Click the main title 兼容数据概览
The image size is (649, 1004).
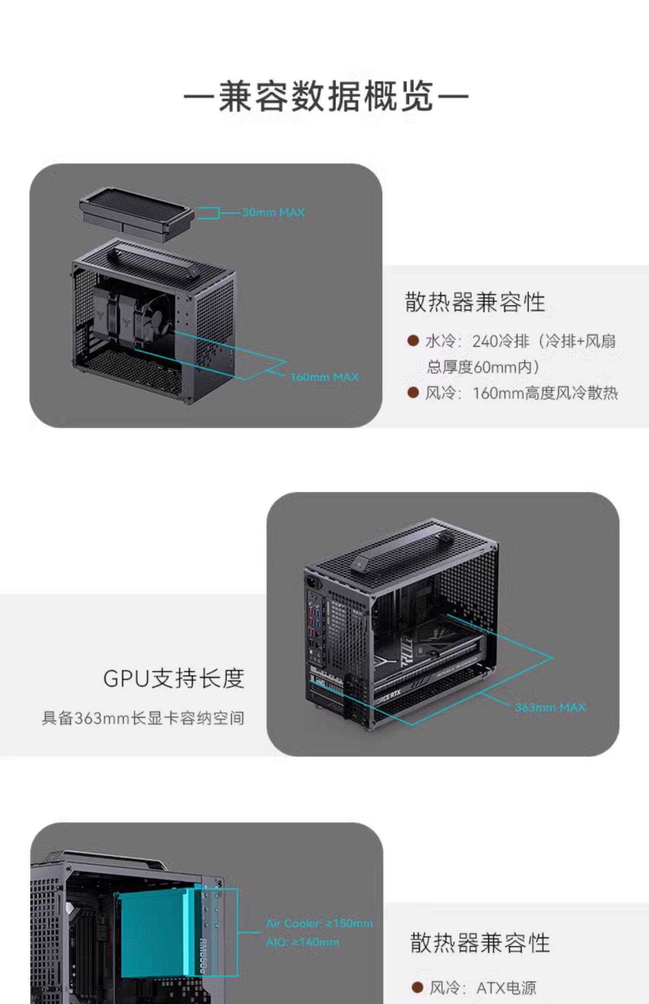325,96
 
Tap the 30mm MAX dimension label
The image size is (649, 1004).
273,212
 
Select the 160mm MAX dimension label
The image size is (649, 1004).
324,377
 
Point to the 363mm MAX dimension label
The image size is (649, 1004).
549,707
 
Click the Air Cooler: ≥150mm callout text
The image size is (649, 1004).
319,923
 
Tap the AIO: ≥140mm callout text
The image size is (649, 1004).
302,942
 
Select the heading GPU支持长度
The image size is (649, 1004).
174,678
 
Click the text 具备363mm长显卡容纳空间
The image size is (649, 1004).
143,718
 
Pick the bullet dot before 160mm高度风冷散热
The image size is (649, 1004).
413,393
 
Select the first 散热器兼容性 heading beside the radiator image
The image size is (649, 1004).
475,302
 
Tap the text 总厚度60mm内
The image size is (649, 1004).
482,367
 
